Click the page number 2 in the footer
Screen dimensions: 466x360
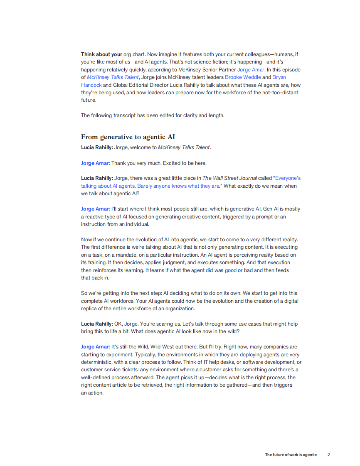(328, 455)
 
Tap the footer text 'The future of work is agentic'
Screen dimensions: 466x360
(291, 455)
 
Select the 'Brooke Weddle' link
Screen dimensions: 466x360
(243, 77)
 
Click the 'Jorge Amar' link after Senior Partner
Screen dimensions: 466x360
(251, 70)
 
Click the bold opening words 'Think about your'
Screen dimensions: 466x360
(101, 54)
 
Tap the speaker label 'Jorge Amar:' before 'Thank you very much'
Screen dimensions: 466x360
(96, 163)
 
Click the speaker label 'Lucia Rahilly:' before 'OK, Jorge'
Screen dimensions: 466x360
(97, 324)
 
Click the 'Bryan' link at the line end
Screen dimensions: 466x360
(279, 77)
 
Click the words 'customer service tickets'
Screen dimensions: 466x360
(109, 370)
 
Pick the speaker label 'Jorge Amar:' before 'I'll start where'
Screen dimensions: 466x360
(96, 209)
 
